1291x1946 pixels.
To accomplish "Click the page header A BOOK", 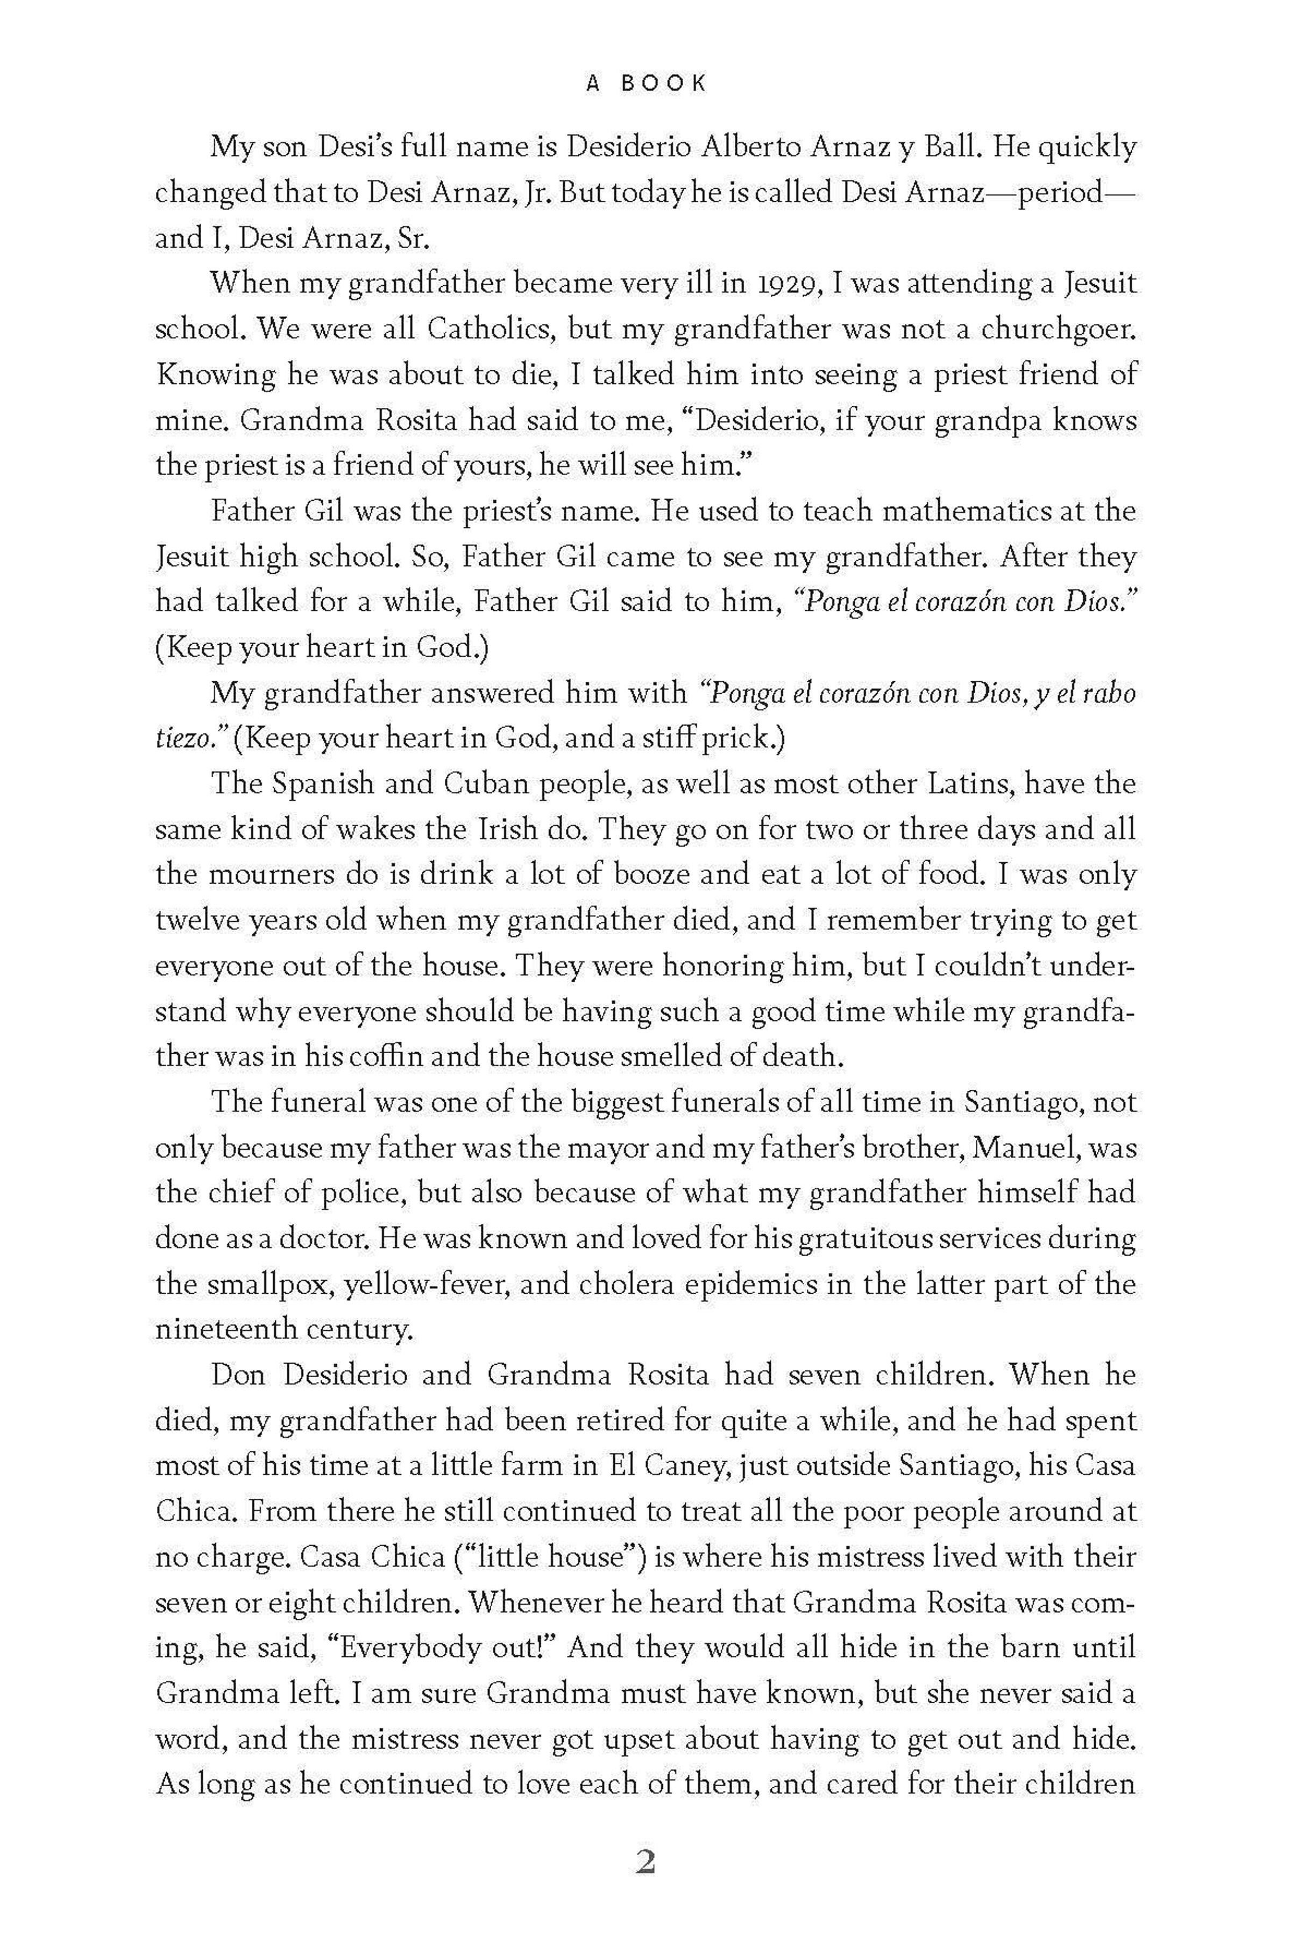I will click(x=645, y=83).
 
